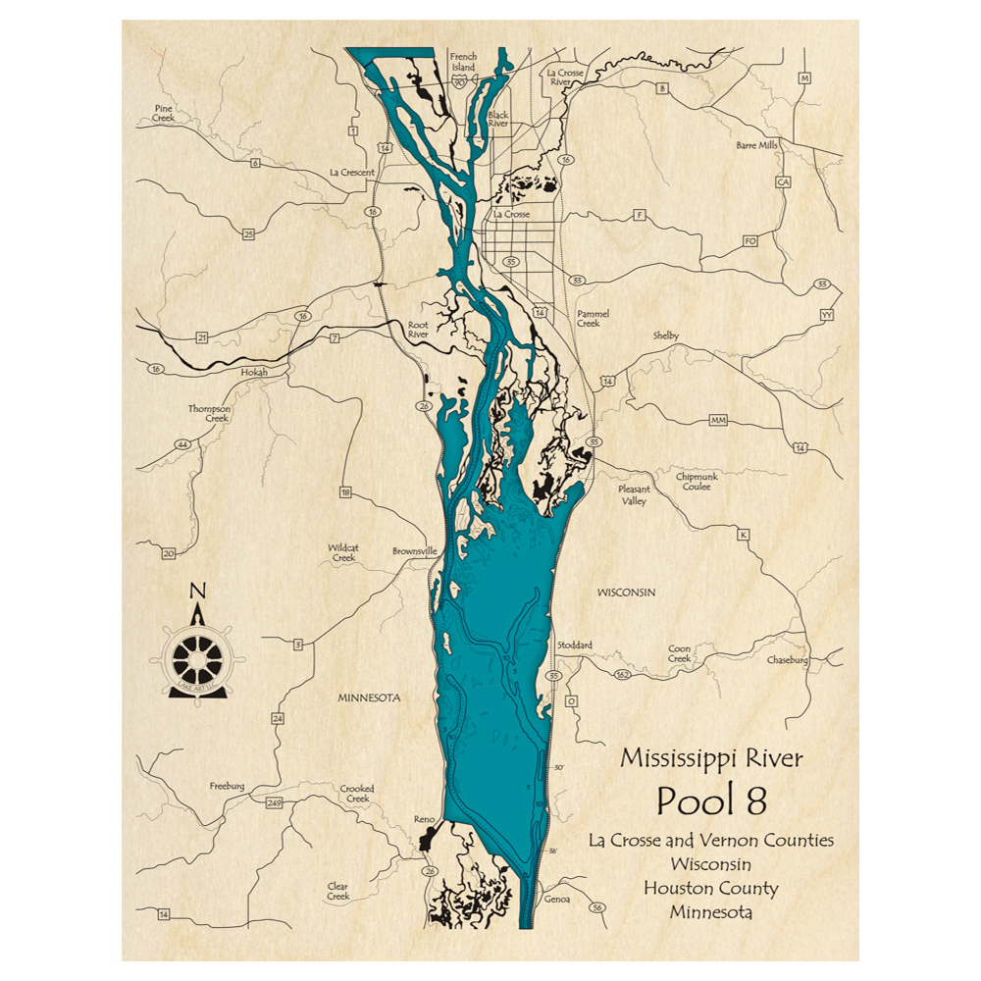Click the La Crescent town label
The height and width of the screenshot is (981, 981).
coord(352,173)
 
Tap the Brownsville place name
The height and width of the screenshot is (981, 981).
coord(413,551)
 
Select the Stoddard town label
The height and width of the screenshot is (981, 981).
coord(575,645)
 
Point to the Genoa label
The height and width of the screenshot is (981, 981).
coord(557,900)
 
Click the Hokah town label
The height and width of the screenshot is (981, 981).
coord(254,373)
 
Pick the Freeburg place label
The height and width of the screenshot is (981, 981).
coord(227,786)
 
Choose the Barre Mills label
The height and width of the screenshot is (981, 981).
coord(756,144)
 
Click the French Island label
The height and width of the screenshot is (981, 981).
coord(463,62)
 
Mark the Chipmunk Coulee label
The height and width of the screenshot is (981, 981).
coord(697,481)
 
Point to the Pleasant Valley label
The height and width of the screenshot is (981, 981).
coord(634,494)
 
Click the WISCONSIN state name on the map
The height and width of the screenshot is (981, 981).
coord(626,593)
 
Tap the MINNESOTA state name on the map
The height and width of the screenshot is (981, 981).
coord(369,698)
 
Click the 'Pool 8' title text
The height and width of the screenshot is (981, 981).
coord(711,800)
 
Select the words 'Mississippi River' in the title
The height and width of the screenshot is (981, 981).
coord(711,758)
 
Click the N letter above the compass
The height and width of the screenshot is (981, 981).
coord(197,591)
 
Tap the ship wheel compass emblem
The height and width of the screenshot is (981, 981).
coord(198,660)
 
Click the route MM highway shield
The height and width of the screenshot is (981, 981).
coord(718,420)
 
